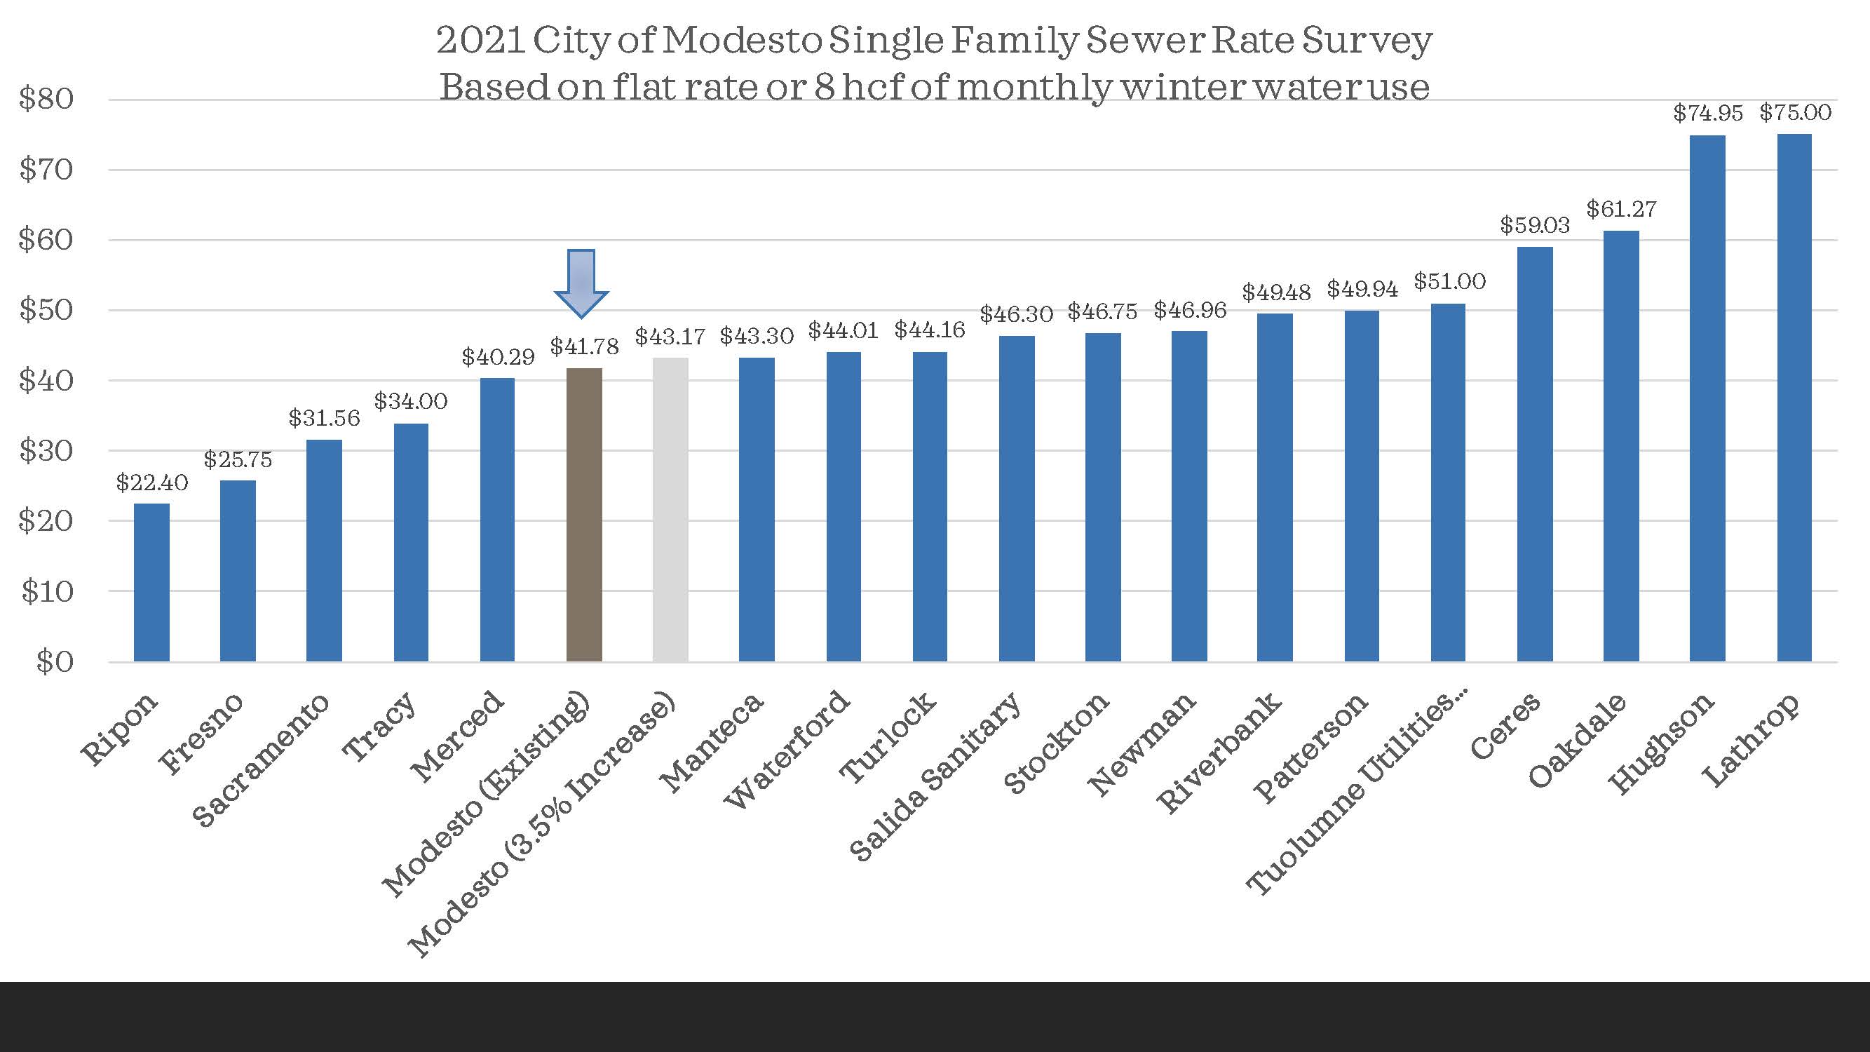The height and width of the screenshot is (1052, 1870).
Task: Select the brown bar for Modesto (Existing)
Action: point(584,515)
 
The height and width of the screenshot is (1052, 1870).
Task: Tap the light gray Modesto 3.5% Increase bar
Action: point(670,509)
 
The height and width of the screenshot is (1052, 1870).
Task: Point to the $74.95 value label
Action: point(1707,113)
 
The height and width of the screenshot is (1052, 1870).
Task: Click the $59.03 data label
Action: point(1535,226)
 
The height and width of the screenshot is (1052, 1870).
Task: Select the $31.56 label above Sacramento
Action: point(324,418)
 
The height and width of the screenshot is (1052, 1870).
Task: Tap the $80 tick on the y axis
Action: point(46,100)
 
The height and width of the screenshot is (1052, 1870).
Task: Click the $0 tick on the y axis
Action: point(55,662)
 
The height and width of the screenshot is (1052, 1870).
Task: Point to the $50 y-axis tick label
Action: point(46,310)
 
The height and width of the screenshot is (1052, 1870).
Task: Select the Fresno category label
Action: point(202,734)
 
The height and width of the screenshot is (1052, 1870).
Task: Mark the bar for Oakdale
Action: point(1621,446)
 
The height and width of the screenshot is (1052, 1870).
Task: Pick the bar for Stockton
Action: point(1103,497)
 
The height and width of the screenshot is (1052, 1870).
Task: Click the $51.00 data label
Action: point(1449,282)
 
